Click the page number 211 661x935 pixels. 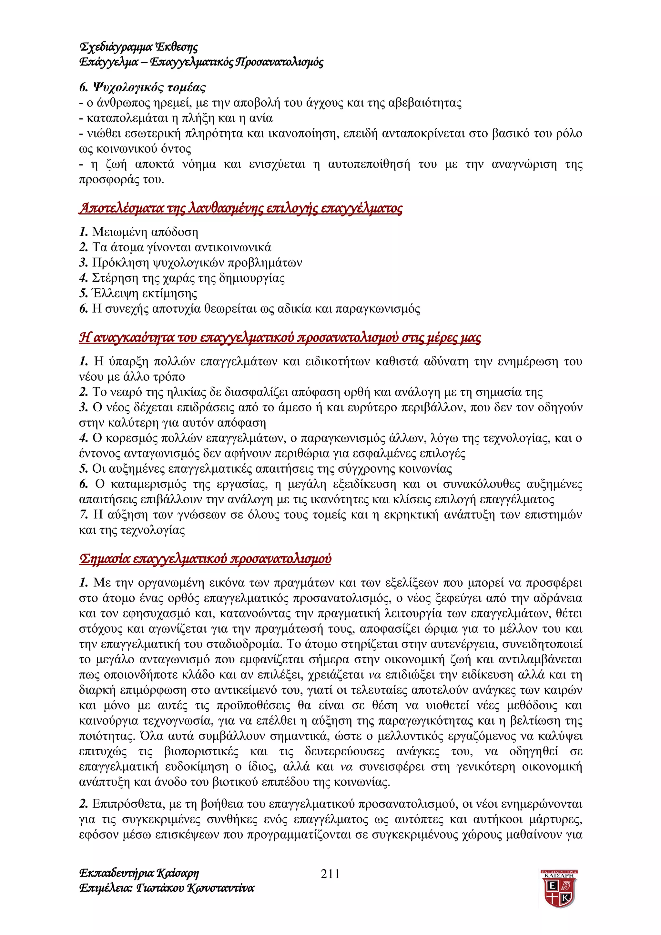[x=330, y=873]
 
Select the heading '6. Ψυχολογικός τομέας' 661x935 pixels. [x=143, y=87]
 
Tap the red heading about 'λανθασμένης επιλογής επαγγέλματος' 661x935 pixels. [x=240, y=208]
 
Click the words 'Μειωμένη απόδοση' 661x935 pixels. [x=145, y=232]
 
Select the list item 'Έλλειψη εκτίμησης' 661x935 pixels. [x=144, y=293]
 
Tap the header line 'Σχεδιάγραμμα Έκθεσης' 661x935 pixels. [x=138, y=47]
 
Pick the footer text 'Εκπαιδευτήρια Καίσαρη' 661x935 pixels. [x=139, y=873]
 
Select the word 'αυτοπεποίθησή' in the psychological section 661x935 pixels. [x=369, y=165]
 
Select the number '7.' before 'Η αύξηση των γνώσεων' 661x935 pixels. [x=84, y=515]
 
